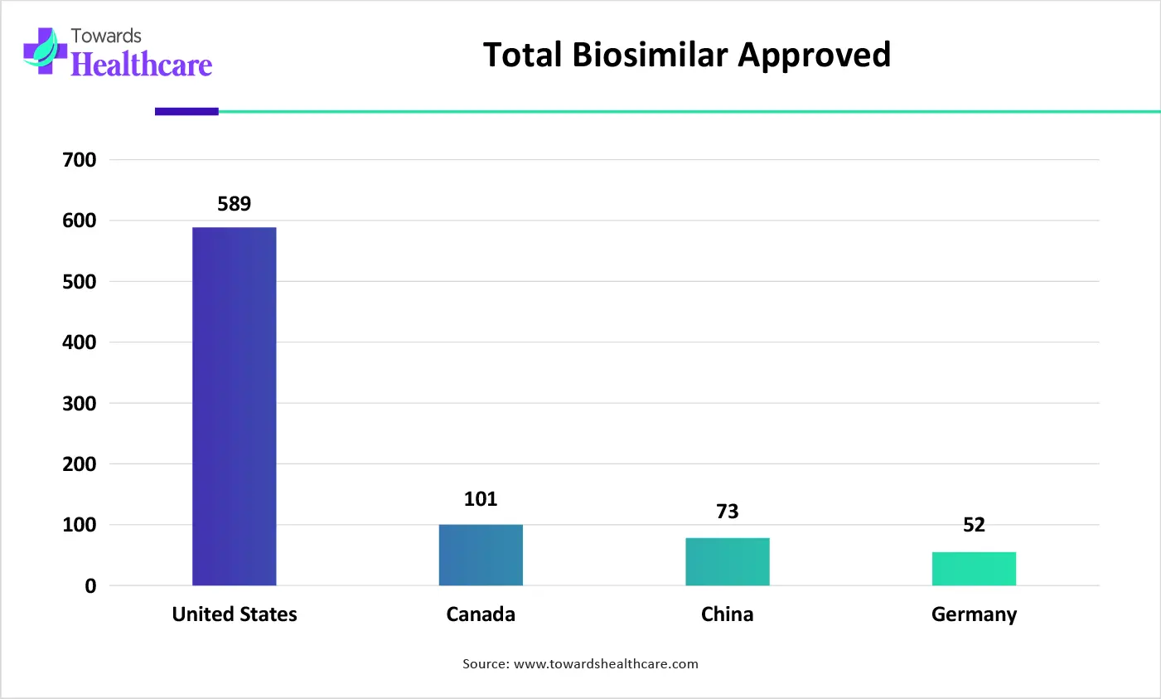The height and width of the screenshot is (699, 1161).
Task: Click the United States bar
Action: (235, 406)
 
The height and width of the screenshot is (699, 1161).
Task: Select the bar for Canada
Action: (481, 555)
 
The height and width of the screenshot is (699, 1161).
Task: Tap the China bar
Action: (727, 561)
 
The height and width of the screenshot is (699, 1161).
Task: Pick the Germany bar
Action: (974, 569)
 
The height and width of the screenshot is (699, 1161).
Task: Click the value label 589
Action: (235, 204)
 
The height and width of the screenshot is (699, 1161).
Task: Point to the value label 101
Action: (481, 499)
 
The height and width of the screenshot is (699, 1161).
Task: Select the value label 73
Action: (727, 512)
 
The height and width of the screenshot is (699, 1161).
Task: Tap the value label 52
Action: (974, 525)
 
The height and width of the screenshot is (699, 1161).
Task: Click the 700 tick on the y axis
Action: (80, 160)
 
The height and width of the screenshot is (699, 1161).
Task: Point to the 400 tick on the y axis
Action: (80, 342)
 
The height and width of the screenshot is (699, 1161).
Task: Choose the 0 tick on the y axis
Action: (90, 586)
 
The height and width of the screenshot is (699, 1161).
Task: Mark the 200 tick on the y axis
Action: (80, 464)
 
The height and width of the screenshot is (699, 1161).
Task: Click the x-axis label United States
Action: (235, 614)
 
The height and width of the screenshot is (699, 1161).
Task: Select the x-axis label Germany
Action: (974, 614)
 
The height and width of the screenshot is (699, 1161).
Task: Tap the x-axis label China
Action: (727, 614)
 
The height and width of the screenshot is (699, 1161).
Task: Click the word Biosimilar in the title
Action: (651, 56)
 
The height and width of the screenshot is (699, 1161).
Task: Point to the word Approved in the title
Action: (815, 56)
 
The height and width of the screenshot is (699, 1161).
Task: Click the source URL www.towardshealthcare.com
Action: (606, 664)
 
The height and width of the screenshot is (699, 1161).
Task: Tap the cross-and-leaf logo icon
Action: (45, 51)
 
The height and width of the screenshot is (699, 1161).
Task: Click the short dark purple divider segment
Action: (186, 111)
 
